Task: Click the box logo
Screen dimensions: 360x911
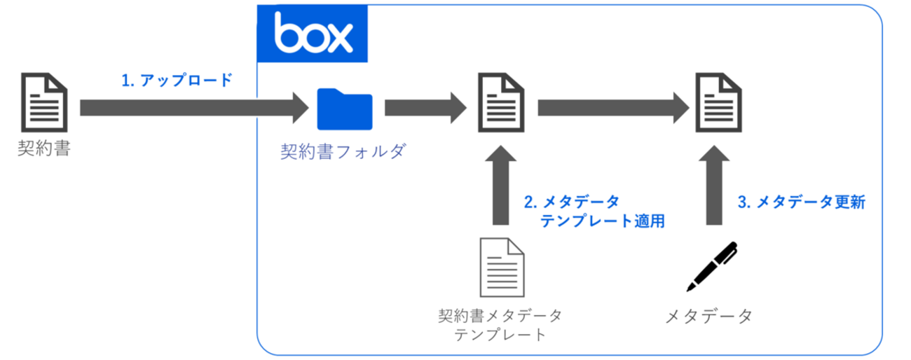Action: (x=313, y=34)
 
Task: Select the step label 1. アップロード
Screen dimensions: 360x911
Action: (x=177, y=81)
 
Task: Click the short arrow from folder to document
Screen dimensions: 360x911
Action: (x=425, y=108)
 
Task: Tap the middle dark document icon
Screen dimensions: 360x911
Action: (x=501, y=103)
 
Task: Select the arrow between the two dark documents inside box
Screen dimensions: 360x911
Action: (x=614, y=108)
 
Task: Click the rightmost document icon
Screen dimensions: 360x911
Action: (x=718, y=103)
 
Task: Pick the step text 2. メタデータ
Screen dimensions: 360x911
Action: (x=572, y=202)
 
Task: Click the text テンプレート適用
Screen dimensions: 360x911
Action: (x=601, y=221)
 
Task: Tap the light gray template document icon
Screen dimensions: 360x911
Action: (x=500, y=267)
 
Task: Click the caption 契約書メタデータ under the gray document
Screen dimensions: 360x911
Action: (x=500, y=315)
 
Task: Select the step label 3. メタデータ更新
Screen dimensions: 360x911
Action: (x=802, y=202)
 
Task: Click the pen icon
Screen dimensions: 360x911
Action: (x=711, y=267)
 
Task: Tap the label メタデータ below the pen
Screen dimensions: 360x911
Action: (x=708, y=316)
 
